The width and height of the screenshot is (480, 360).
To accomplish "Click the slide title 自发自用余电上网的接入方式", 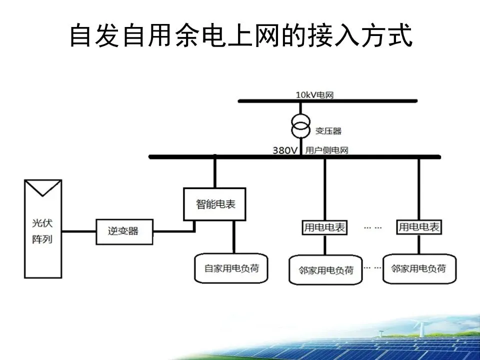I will point(240,36).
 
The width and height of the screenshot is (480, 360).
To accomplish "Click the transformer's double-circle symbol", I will point(300,124).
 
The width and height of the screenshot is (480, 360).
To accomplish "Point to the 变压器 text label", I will point(328,131).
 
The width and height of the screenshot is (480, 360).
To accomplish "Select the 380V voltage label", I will point(285,149).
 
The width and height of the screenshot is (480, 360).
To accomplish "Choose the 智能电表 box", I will point(215,204).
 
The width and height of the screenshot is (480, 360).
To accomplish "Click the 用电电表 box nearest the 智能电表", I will point(324,227).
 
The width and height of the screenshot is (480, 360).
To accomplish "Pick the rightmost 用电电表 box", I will point(419,227).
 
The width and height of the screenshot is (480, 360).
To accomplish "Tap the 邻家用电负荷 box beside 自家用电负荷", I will point(325,270).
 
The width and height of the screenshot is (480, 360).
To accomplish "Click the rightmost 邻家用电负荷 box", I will point(419,268).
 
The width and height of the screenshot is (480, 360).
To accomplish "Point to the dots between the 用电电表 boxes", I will point(372,227).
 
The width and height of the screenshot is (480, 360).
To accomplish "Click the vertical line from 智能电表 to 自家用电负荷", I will point(233,236).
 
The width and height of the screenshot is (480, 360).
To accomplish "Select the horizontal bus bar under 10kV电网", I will point(327,101).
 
